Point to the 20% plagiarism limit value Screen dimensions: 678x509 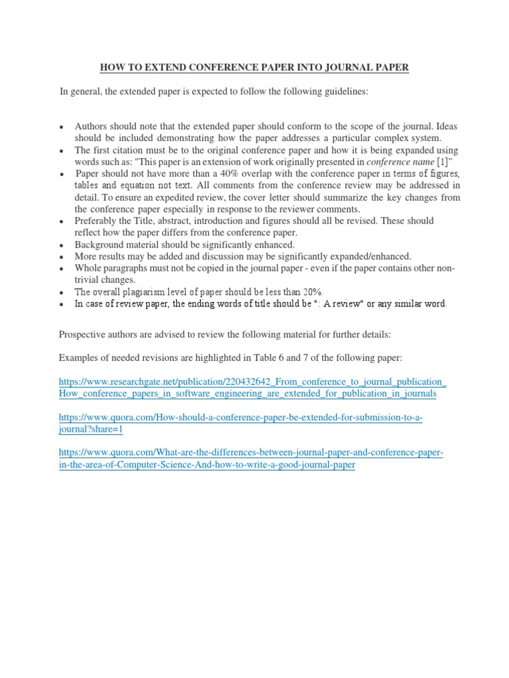point(311,292)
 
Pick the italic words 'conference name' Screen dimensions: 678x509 point(396,162)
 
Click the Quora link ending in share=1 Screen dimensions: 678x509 point(241,423)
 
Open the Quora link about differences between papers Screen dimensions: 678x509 point(251,459)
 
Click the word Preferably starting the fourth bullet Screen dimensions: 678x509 point(100,220)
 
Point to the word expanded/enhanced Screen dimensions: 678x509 point(367,256)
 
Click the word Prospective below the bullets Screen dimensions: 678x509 point(84,334)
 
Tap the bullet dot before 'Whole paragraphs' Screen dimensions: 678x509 point(61,269)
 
